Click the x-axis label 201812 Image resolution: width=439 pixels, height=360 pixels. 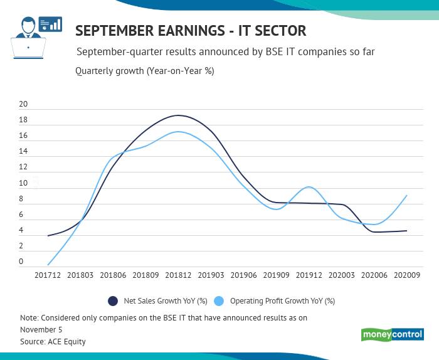click(179, 275)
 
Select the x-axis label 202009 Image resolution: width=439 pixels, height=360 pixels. click(407, 275)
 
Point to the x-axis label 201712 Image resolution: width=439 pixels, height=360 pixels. click(48, 275)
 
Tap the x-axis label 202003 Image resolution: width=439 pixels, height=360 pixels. click(342, 275)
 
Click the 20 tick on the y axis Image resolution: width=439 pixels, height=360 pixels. click(23, 104)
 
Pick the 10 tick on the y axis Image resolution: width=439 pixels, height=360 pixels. click(23, 183)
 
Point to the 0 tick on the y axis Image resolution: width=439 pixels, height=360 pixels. click(21, 262)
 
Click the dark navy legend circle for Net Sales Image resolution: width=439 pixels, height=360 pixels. click(113, 301)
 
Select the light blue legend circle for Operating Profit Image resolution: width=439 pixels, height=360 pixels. click(219, 301)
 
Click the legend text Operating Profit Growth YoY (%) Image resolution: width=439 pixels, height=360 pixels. click(282, 301)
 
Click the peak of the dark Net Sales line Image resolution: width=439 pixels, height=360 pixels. click(179, 115)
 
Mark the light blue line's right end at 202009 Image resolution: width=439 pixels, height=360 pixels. click(407, 196)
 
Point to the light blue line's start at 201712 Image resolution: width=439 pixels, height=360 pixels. click(48, 264)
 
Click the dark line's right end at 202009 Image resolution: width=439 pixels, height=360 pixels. click(407, 231)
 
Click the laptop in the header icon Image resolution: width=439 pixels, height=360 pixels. click(28, 48)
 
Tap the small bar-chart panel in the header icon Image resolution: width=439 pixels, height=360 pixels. click(50, 24)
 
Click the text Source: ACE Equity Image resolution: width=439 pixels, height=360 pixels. click(53, 342)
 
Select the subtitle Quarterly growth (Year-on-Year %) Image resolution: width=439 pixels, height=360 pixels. click(144, 71)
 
